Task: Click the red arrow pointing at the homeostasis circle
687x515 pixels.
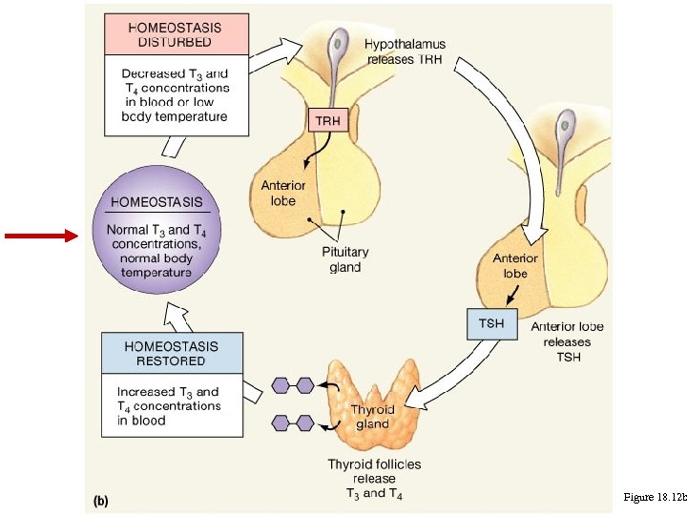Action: (x=42, y=236)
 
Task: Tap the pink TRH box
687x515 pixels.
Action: (x=328, y=120)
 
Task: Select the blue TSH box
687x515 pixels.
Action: (x=492, y=324)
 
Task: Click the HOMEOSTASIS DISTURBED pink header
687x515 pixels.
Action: (x=177, y=34)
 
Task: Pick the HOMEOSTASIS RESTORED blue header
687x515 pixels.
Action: (x=172, y=353)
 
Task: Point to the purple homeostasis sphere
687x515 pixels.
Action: (x=156, y=230)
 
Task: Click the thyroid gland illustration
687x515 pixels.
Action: (x=377, y=402)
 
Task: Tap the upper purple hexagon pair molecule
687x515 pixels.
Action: (x=293, y=386)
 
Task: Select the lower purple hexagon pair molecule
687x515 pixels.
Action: (x=293, y=423)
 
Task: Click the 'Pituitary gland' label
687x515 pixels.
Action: (x=345, y=259)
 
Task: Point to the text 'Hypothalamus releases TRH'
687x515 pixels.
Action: (x=405, y=51)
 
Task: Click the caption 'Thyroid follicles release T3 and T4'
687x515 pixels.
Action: (x=375, y=479)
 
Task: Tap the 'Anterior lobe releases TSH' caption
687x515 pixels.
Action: (x=568, y=341)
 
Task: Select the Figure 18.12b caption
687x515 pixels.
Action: (x=655, y=497)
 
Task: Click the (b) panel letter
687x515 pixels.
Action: (x=101, y=501)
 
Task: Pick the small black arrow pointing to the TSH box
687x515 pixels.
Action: (x=512, y=295)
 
